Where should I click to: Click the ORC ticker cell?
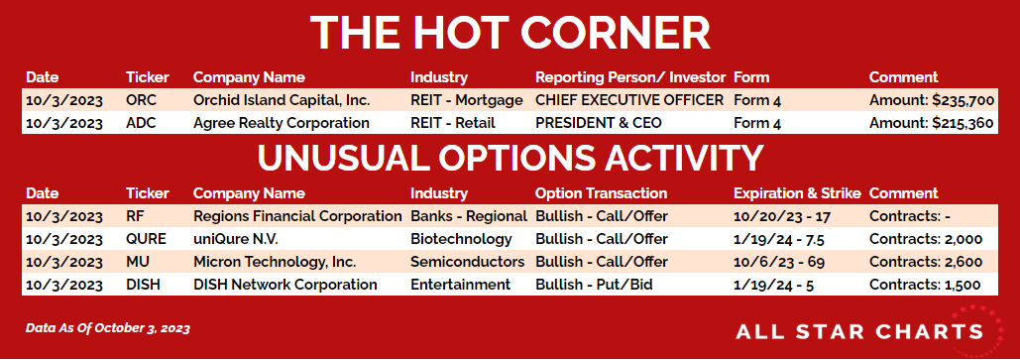coord(141,100)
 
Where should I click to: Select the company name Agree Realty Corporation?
coord(282,123)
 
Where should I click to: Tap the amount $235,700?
coord(962,101)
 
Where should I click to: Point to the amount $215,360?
coord(962,124)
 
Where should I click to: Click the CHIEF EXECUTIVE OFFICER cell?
coord(629,100)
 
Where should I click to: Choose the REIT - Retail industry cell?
coord(453,123)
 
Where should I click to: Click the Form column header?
coord(751,77)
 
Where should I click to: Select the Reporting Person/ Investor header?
coord(630,77)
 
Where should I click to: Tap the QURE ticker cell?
coord(146,239)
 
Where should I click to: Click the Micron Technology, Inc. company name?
coord(275,262)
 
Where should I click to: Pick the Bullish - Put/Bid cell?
coord(593,285)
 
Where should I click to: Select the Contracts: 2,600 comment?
coord(926,262)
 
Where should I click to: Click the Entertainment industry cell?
coord(461,285)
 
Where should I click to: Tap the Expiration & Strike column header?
coord(797,193)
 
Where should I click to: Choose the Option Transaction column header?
coord(601,193)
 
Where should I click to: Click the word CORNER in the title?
coord(616,32)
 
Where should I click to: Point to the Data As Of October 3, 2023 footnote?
coord(108,328)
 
